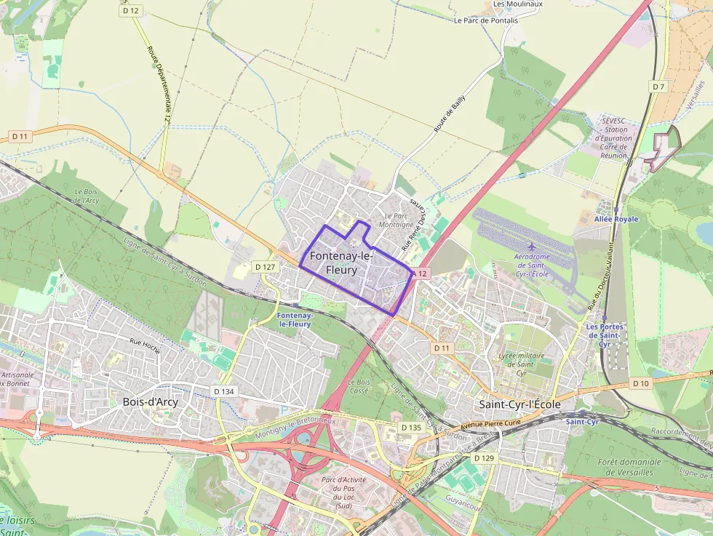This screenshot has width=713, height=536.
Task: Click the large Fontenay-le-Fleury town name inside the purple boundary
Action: (341, 263)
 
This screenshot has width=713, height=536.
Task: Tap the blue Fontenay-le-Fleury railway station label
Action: (295, 319)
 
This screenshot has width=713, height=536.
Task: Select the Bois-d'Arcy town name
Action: (151, 401)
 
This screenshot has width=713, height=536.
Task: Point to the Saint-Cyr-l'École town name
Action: (518, 404)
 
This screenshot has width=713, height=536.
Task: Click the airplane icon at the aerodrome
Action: (533, 247)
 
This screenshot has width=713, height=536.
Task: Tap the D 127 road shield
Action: (266, 267)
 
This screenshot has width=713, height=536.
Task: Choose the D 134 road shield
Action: (225, 391)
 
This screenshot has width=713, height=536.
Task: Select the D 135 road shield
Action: (411, 428)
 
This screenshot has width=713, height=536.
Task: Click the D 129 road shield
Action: (484, 458)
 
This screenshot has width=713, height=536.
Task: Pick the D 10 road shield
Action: (641, 383)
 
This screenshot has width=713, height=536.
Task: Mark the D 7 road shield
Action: (658, 87)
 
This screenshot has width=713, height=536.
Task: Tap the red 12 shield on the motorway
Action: (421, 273)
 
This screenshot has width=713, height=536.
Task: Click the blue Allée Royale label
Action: (616, 219)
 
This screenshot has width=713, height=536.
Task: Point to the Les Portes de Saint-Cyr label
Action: (604, 335)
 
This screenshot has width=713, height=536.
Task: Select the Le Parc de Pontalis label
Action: (486, 20)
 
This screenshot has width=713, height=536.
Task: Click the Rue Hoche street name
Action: (145, 343)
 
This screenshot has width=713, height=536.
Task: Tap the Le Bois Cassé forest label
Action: (359, 386)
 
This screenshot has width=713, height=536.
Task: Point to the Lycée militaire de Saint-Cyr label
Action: (517, 364)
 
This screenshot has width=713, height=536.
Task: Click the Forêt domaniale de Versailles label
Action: (631, 467)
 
